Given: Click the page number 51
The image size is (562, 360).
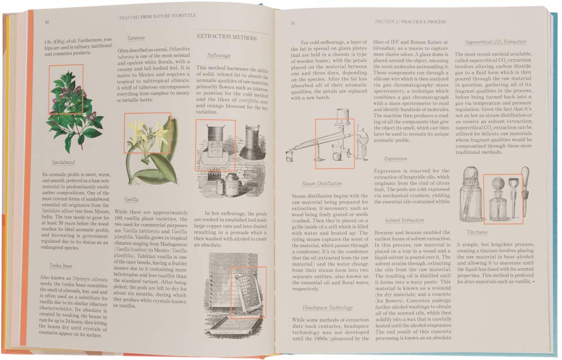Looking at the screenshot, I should (292, 23).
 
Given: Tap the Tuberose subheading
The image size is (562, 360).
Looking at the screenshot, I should (135, 38).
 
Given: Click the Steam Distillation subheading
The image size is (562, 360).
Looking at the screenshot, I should (321, 183).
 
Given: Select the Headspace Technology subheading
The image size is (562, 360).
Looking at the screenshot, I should (328, 307).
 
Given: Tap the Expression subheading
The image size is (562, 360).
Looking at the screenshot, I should (396, 158).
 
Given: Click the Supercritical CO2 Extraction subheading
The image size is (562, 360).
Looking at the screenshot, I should (496, 42).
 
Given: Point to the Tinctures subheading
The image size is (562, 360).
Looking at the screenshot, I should (477, 232).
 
